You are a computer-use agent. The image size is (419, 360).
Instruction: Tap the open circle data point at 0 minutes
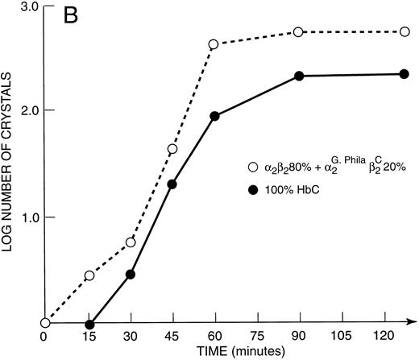(45, 323)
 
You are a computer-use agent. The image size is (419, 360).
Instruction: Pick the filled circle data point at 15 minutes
(89, 323)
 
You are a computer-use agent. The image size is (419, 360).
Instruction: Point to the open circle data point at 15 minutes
(89, 275)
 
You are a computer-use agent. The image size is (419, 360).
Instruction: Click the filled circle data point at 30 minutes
(131, 274)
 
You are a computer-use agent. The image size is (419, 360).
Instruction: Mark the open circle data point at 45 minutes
(172, 149)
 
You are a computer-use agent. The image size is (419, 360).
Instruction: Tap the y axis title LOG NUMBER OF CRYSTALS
(10, 165)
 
